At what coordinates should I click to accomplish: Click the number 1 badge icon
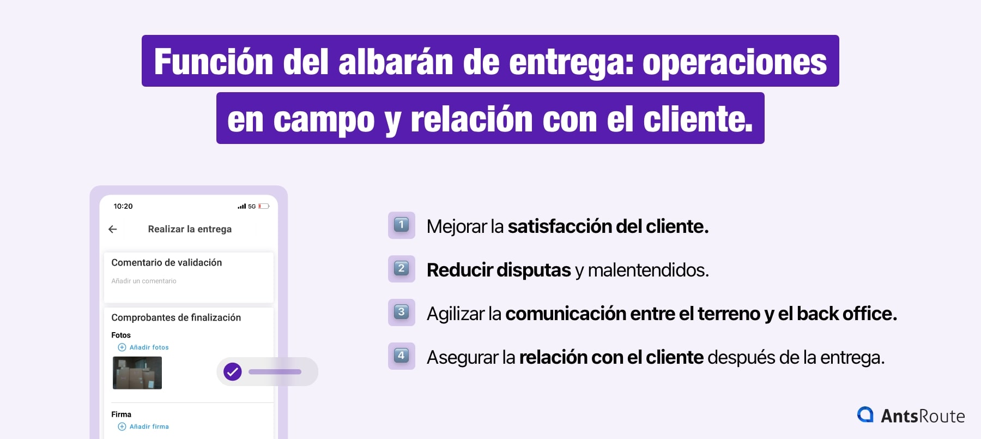[x=401, y=225]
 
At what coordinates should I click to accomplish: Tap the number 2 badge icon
[x=401, y=268]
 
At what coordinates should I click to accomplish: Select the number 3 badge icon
[x=401, y=312]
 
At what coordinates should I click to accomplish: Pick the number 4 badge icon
[x=401, y=356]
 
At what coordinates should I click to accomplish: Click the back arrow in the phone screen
[x=113, y=229]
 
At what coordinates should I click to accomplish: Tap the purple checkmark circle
[x=233, y=372]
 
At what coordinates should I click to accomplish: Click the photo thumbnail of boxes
[x=137, y=373]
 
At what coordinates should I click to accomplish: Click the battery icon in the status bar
[x=264, y=206]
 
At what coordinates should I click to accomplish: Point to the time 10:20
[x=123, y=206]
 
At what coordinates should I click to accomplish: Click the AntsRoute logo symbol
[x=865, y=415]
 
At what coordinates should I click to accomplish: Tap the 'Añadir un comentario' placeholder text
[x=144, y=281]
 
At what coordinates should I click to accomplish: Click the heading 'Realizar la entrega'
[x=190, y=229]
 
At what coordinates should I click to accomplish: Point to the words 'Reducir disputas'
[x=499, y=270]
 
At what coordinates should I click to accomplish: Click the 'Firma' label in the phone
[x=121, y=414]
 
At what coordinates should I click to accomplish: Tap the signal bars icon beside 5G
[x=241, y=206]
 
